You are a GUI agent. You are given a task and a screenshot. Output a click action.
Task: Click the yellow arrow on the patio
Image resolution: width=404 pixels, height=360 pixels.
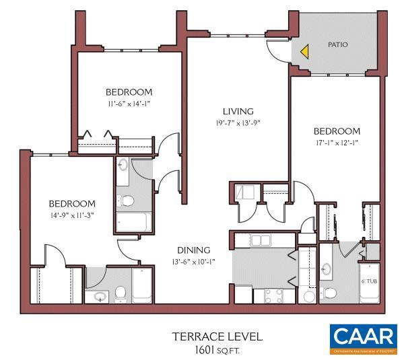[x=304, y=50]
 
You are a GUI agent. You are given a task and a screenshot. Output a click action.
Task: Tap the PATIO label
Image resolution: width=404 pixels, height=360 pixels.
[x=337, y=44]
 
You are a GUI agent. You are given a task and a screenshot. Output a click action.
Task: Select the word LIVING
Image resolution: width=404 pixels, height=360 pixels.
[x=238, y=111]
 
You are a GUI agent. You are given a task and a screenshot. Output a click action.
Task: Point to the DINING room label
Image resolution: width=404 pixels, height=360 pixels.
[x=194, y=250]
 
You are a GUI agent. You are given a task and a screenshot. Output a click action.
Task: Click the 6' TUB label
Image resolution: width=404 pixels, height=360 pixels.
[x=369, y=281]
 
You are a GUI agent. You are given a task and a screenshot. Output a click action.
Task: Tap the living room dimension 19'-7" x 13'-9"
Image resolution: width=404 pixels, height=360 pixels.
[x=238, y=123]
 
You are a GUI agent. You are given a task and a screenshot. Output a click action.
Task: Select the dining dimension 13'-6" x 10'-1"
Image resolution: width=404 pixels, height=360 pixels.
[x=194, y=262]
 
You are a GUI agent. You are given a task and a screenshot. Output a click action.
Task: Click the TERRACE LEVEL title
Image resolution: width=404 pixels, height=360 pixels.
[x=216, y=336]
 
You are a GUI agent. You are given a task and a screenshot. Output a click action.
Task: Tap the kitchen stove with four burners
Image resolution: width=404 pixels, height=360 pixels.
[x=273, y=295]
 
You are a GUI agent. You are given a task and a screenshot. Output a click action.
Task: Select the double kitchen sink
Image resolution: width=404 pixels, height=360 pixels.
[x=260, y=240]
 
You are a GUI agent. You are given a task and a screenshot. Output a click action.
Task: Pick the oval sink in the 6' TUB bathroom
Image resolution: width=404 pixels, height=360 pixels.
[x=328, y=271]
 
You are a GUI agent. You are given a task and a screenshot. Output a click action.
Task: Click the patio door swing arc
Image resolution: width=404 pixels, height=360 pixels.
[x=277, y=49]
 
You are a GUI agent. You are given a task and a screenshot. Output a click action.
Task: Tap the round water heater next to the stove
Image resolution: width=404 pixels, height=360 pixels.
[x=309, y=296]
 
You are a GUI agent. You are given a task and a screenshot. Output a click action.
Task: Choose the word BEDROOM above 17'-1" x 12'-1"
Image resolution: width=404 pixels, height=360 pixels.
[x=337, y=131]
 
